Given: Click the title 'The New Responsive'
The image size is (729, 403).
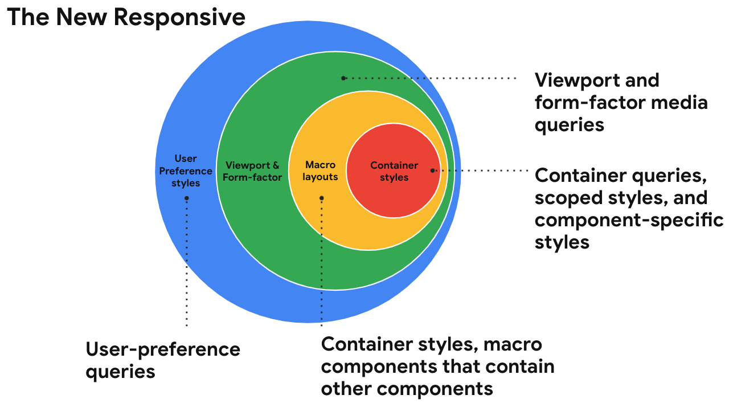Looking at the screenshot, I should point(126,17).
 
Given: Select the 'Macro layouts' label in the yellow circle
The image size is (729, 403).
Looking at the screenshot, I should point(320,171).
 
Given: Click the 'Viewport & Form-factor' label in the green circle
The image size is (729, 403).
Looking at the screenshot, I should point(252,171).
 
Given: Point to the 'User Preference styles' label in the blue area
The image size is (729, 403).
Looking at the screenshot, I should point(186,171).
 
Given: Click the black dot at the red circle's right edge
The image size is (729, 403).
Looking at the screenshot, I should point(433,170).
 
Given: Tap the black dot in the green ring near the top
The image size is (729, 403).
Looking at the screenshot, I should point(343,78).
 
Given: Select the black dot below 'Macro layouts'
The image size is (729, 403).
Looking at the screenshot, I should point(322,198).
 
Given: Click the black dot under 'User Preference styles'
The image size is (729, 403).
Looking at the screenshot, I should point(187,198).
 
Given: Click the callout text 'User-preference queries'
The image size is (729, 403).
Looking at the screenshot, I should point(163,360).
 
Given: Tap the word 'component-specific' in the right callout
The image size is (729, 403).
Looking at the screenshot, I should point(629,220).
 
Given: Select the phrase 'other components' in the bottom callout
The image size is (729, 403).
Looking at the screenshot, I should point(407,389).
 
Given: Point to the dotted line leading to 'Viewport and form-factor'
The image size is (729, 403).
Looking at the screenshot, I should point(433,78).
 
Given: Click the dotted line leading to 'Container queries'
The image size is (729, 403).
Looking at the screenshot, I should point(484,170).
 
